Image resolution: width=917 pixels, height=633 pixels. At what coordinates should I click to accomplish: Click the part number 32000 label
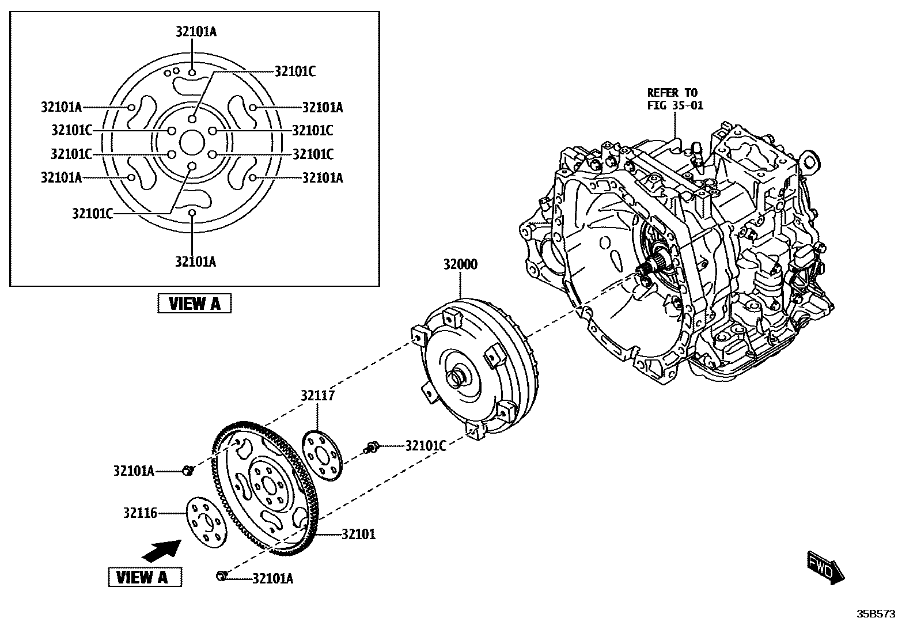pyautogui.click(x=460, y=266)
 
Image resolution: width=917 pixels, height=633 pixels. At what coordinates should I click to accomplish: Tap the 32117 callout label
pyautogui.click(x=317, y=396)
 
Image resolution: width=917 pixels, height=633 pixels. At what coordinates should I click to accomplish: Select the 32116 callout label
pyautogui.click(x=139, y=513)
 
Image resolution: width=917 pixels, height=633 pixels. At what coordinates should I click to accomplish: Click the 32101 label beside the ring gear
pyautogui.click(x=358, y=535)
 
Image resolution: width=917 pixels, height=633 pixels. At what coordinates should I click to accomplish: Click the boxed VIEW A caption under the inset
pyautogui.click(x=194, y=304)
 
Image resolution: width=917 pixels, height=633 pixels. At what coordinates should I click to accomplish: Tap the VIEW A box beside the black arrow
pyautogui.click(x=145, y=577)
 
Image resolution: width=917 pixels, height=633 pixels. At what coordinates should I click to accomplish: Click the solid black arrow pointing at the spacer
pyautogui.click(x=161, y=550)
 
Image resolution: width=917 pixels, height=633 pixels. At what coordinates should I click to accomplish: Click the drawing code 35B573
pyautogui.click(x=875, y=614)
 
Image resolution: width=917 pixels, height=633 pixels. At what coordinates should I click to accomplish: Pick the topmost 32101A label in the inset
pyautogui.click(x=196, y=32)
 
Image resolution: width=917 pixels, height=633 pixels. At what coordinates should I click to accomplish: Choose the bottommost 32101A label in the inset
pyautogui.click(x=195, y=262)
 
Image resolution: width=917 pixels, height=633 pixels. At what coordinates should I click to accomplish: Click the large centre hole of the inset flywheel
pyautogui.click(x=192, y=142)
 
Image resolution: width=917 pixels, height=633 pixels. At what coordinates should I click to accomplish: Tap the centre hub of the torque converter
pyautogui.click(x=458, y=377)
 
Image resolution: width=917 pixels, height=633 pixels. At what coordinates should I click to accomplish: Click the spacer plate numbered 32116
pyautogui.click(x=206, y=524)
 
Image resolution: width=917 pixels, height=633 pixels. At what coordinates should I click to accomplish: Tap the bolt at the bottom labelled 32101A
pyautogui.click(x=222, y=575)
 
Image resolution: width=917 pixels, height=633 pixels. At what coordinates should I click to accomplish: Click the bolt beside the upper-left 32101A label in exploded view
pyautogui.click(x=187, y=471)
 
